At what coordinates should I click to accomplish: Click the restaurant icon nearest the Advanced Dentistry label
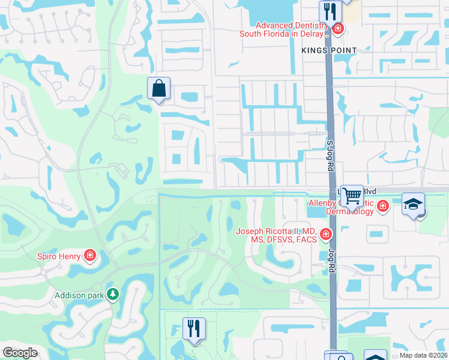[x=330, y=10]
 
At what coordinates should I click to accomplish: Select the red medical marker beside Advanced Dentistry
[x=338, y=29]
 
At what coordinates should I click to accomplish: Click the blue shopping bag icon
[x=158, y=88]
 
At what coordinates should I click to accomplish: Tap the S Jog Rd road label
[x=330, y=155]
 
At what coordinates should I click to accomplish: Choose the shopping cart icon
[x=352, y=194]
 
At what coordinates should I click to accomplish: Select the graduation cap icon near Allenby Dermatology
[x=413, y=204]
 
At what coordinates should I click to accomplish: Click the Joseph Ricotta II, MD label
[x=276, y=235]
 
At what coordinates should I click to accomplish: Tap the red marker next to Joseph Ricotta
[x=325, y=234]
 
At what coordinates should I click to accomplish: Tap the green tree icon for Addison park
[x=112, y=294]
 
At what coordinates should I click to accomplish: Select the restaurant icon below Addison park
[x=194, y=328]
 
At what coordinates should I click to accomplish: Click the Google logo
[x=20, y=353]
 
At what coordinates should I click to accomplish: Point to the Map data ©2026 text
[x=423, y=355]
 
